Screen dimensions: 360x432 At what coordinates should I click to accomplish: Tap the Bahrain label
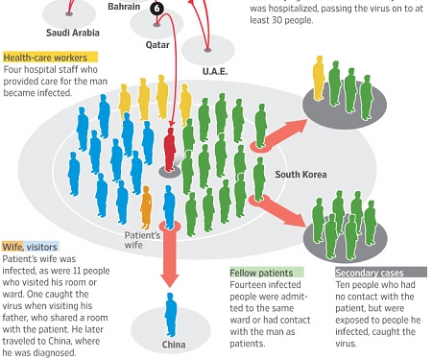123,7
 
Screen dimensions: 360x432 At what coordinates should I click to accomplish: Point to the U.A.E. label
214,71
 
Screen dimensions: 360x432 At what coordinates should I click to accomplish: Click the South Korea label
300,174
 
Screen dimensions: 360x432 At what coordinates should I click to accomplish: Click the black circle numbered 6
157,8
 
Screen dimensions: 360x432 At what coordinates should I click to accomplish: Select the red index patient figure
170,150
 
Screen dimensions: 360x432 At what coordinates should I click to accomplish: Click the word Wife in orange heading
12,247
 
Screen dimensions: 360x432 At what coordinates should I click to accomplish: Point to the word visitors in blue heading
42,247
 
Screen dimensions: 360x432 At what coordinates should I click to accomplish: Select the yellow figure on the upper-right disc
319,77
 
